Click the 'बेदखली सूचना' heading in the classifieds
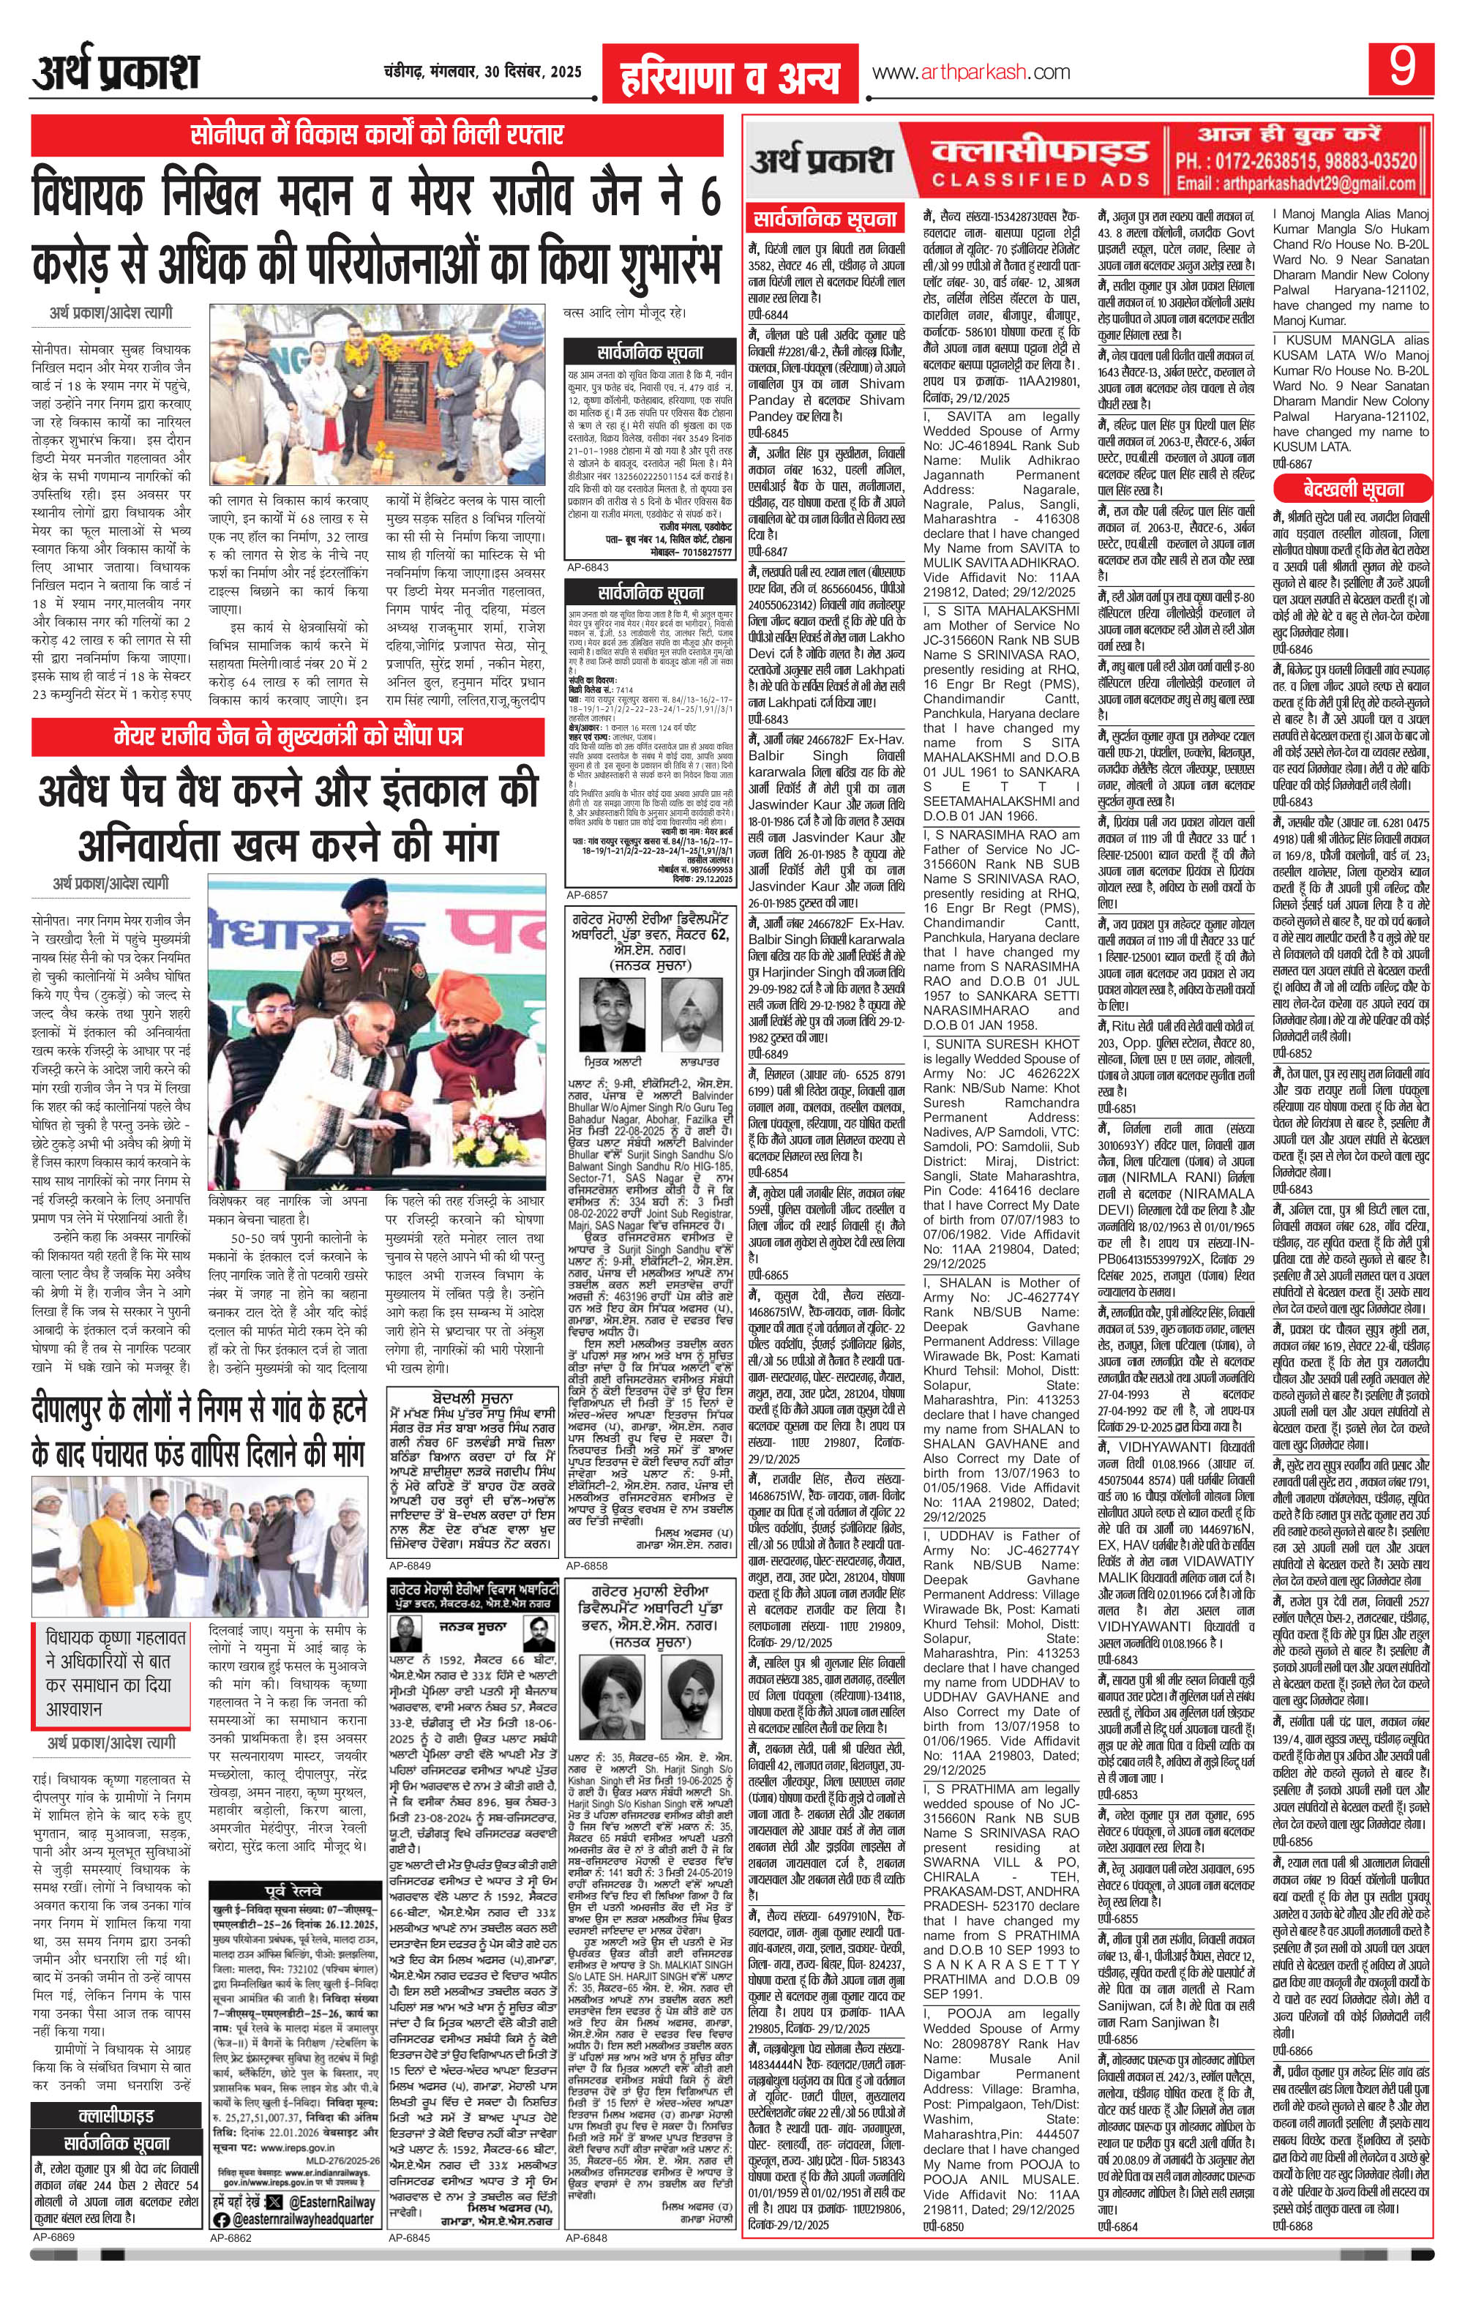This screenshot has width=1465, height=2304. pos(1351,490)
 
